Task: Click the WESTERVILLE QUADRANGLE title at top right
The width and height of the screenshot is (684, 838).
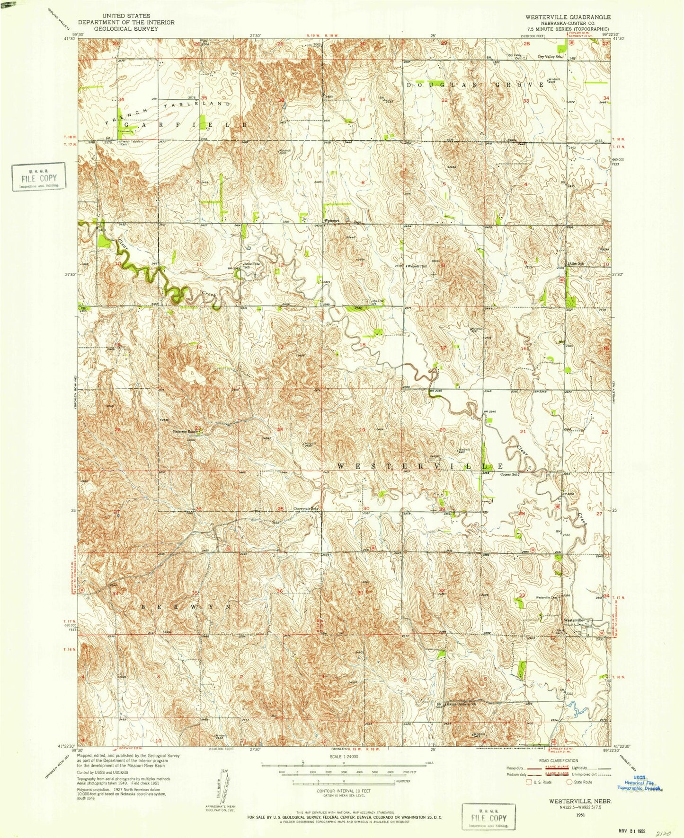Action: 567,17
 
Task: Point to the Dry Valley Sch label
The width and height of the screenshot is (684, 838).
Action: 551,57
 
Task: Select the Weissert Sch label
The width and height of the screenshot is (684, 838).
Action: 417,266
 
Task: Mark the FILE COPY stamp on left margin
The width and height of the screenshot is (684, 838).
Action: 39,177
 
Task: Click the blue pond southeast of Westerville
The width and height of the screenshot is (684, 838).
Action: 577,708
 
